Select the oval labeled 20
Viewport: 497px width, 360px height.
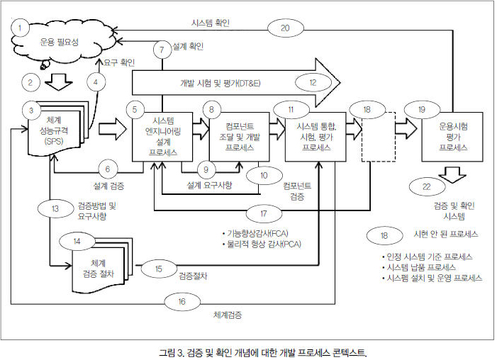click(x=285, y=28)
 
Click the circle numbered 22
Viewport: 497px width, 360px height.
click(x=425, y=187)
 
